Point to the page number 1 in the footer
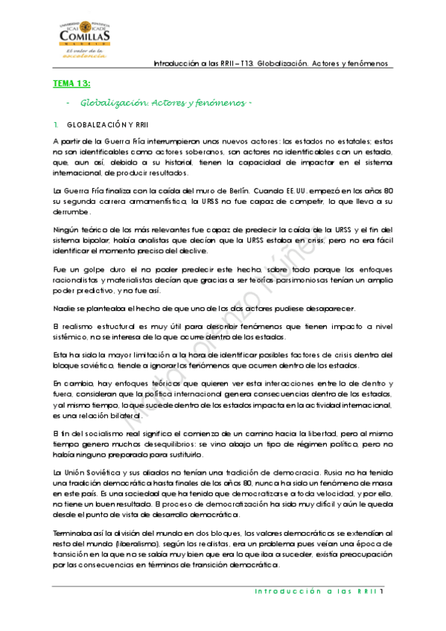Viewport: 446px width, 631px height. pyautogui.click(x=380, y=592)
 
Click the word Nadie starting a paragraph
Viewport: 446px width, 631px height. pyautogui.click(x=65, y=309)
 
